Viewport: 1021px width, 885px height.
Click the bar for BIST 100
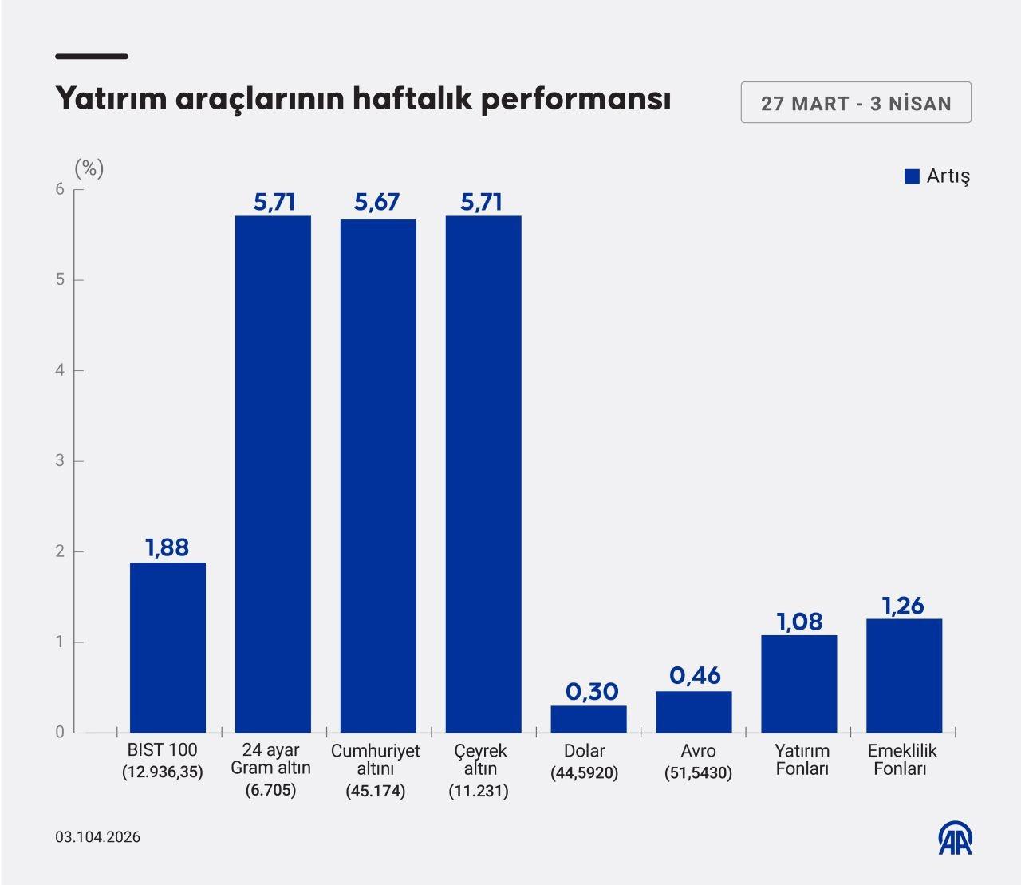click(168, 647)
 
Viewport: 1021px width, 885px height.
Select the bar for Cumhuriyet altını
click(378, 476)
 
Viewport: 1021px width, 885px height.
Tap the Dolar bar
click(589, 719)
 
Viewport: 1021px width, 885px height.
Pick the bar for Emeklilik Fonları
click(904, 675)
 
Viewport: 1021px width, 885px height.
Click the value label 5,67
click(377, 203)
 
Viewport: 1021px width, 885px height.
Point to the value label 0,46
click(694, 676)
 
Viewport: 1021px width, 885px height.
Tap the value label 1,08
click(799, 621)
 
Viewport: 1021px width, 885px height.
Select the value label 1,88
click(167, 547)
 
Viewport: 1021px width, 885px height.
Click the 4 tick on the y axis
click(59, 370)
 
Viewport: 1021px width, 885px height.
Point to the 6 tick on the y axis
click(59, 189)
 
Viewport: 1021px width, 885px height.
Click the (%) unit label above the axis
click(89, 168)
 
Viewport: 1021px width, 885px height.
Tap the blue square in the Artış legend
click(912, 176)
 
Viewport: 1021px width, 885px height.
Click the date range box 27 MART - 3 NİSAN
click(855, 103)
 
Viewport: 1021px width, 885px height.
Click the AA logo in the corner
click(954, 838)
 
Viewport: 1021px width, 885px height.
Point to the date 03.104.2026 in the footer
click(97, 836)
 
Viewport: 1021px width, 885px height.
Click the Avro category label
click(698, 751)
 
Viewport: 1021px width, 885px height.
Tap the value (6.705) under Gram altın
click(270, 790)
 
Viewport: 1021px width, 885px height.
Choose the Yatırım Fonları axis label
click(802, 760)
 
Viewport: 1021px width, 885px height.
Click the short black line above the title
click(92, 57)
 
